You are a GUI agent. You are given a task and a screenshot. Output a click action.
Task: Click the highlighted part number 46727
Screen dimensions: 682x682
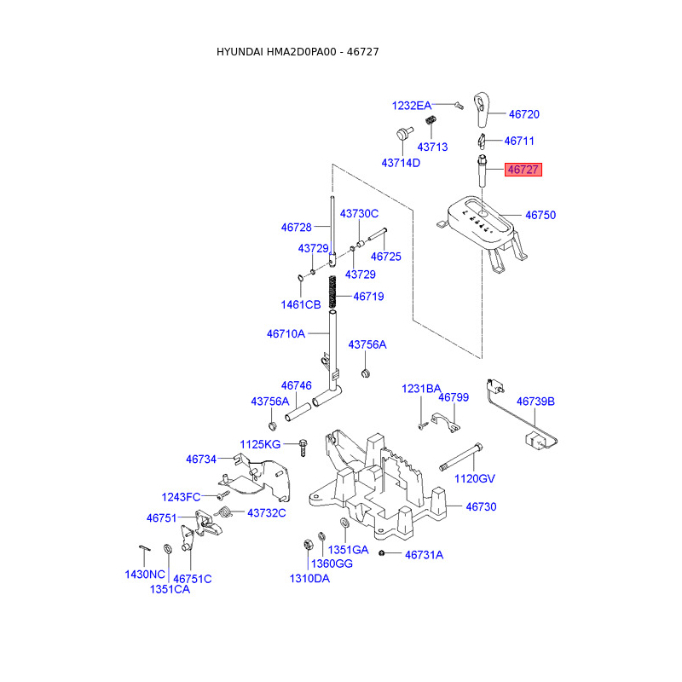[x=523, y=170]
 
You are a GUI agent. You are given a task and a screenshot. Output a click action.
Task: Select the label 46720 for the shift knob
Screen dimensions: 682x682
[x=523, y=114]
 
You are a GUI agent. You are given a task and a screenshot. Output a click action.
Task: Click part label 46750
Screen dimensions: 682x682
[x=540, y=216]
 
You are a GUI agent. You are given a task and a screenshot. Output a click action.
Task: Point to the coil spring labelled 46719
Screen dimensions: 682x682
[x=335, y=295]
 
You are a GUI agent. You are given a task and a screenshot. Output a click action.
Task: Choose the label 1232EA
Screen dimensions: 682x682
[x=411, y=106]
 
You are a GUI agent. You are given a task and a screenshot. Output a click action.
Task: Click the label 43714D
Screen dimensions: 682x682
[x=401, y=162]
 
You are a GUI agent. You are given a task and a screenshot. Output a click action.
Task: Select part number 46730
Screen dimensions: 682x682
[x=480, y=506]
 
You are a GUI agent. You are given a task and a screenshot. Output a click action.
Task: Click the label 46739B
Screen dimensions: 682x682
[x=535, y=401]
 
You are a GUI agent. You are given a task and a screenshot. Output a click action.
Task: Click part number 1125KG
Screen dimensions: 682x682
[x=259, y=444]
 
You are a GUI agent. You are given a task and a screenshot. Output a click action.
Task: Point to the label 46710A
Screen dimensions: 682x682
[x=286, y=333]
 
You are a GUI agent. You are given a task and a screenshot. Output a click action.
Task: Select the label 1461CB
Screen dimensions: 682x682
[x=301, y=304]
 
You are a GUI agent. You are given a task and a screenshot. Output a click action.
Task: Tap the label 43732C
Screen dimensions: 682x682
[x=266, y=512]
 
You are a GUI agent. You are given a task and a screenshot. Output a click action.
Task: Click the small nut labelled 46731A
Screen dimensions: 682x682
[x=384, y=554]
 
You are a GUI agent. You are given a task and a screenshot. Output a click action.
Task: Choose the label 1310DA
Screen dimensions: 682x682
[x=309, y=579]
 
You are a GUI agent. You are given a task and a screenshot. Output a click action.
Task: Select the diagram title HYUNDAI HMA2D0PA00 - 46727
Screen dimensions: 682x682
[x=298, y=52]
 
